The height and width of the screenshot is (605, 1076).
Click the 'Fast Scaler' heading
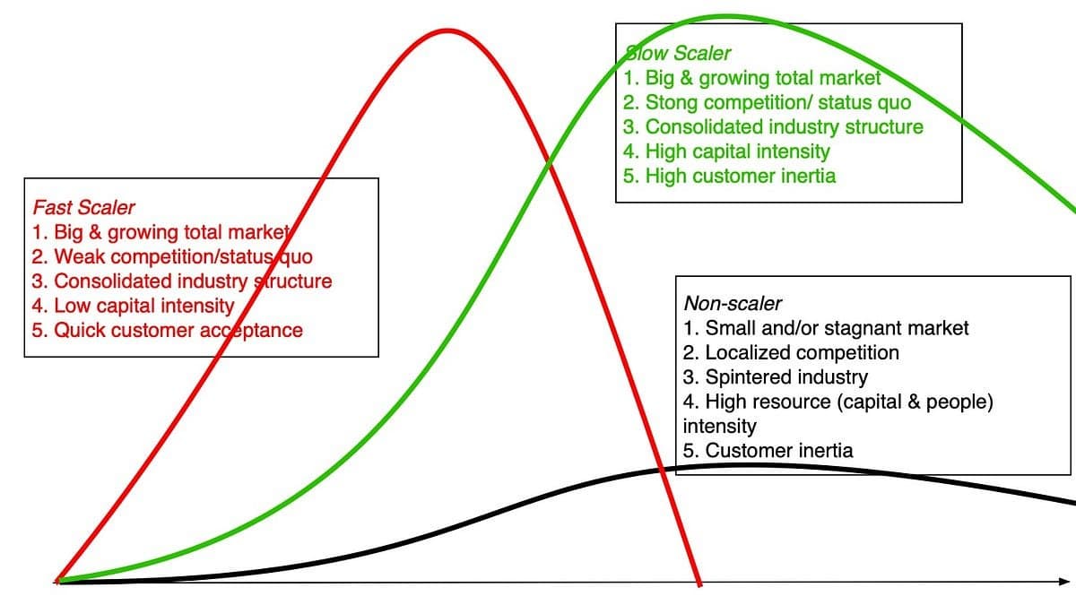(x=83, y=207)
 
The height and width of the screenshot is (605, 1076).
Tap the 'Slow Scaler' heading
(x=677, y=53)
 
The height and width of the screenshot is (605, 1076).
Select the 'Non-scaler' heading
(x=733, y=304)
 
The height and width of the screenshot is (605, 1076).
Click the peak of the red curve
(x=447, y=31)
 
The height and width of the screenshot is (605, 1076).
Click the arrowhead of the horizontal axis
(x=1064, y=582)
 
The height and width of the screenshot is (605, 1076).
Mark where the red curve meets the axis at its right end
(x=699, y=583)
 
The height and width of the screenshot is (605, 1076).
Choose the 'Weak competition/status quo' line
(x=172, y=257)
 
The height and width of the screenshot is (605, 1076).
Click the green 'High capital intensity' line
(x=726, y=151)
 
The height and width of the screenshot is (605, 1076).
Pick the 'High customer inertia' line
(x=729, y=177)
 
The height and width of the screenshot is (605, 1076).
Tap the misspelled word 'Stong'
(x=671, y=103)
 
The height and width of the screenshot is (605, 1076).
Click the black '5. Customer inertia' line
(x=768, y=451)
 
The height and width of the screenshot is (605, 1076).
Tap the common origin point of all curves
(x=58, y=581)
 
